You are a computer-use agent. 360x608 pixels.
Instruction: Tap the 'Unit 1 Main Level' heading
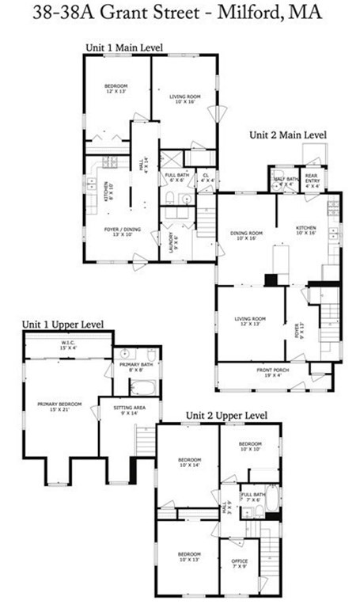click(123, 48)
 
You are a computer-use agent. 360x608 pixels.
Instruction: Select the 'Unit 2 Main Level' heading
click(288, 135)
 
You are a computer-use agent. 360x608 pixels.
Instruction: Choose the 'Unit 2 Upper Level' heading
click(226, 415)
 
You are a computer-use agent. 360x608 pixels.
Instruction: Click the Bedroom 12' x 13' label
click(116, 88)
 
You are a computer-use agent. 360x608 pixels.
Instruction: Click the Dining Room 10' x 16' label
click(246, 234)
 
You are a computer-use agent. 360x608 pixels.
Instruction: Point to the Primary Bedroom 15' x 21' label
click(59, 405)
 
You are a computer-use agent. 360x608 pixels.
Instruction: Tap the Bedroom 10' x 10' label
click(250, 449)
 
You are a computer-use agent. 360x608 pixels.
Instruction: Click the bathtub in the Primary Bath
click(145, 388)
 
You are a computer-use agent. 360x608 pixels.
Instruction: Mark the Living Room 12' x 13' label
click(249, 321)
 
